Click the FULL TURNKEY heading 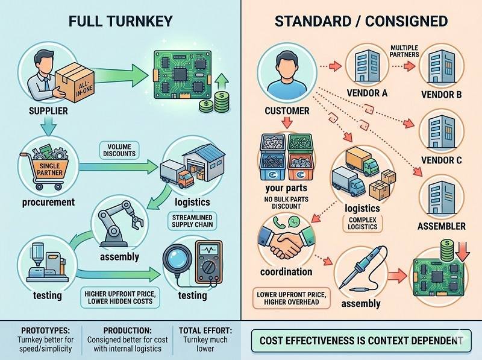point(120,21)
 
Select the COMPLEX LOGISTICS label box point(362,223)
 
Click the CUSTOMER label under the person point(287,111)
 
